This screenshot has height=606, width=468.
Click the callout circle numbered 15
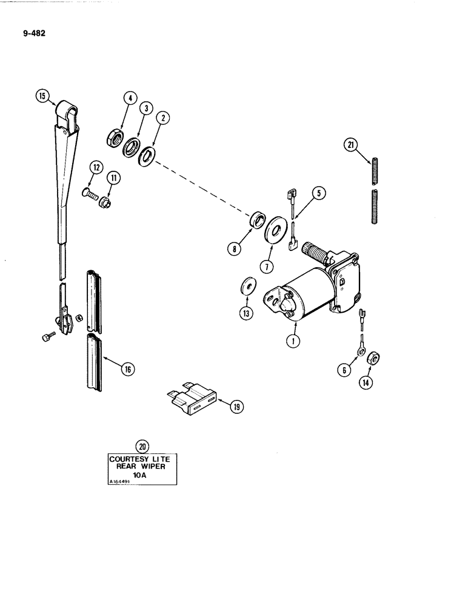pyautogui.click(x=41, y=96)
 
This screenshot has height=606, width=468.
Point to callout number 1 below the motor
pyautogui.click(x=293, y=341)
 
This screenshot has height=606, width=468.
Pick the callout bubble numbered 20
pyautogui.click(x=143, y=447)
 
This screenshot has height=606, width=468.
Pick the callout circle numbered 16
pyautogui.click(x=127, y=368)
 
